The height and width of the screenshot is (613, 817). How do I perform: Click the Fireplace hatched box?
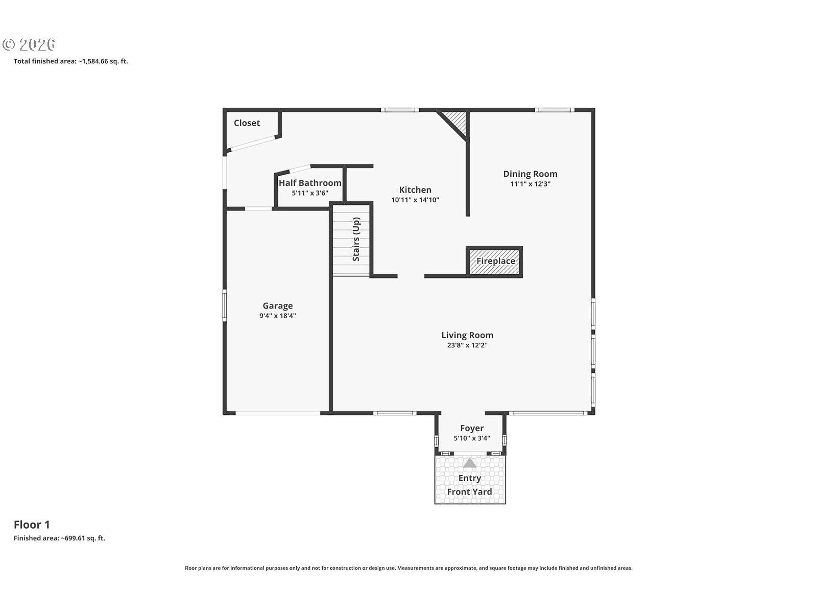tap(494, 262)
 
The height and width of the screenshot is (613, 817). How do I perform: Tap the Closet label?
tap(247, 123)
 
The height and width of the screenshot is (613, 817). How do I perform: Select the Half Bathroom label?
tap(310, 183)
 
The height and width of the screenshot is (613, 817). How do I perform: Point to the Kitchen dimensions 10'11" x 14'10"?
tap(415, 200)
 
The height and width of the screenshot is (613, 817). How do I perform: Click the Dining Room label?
tap(530, 174)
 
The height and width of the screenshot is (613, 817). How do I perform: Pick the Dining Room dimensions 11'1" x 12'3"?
tap(530, 184)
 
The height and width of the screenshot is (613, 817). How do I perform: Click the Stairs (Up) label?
tap(356, 239)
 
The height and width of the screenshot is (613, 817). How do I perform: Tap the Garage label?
tap(278, 305)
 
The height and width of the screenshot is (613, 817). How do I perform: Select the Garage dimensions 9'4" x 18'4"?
tap(278, 316)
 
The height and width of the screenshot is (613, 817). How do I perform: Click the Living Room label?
tap(467, 335)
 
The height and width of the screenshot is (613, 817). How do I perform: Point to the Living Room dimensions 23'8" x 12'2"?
tap(467, 345)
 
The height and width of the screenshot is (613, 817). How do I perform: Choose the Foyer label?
tap(472, 429)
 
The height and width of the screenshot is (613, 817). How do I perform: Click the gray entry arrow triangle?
tap(470, 463)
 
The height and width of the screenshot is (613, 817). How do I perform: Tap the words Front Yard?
tap(469, 491)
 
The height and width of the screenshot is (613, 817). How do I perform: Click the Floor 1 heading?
tap(32, 525)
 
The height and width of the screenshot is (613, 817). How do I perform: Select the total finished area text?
tap(70, 61)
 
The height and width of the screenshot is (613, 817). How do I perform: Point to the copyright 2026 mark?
tap(29, 44)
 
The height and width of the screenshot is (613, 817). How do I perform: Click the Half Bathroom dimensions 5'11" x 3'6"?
tap(310, 193)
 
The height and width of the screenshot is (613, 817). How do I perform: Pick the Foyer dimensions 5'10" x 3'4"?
tap(472, 438)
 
